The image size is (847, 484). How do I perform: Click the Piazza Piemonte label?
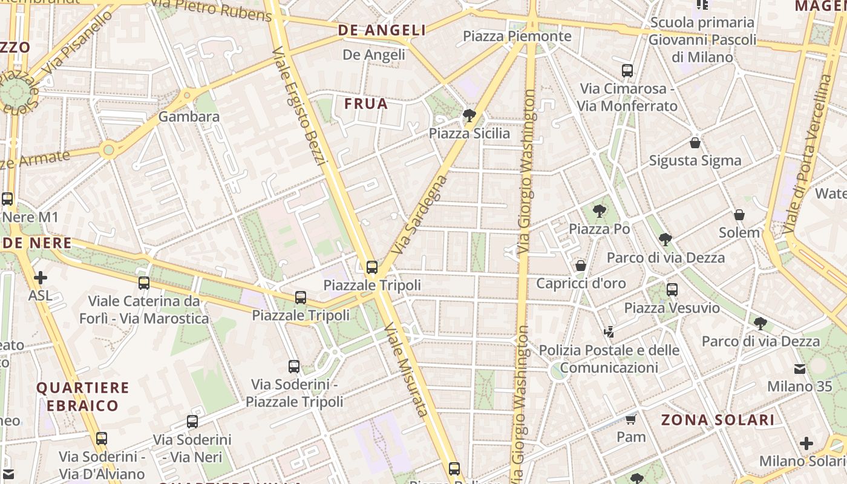[517, 36]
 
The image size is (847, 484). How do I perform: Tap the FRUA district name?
[366, 104]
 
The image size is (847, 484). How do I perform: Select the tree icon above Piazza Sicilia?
[469, 116]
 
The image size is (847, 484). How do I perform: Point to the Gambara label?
[189, 117]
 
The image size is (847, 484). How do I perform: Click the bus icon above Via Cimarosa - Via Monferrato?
[627, 71]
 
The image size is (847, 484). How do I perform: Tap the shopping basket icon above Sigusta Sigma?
[695, 143]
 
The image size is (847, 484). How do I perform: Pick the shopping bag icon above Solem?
[739, 215]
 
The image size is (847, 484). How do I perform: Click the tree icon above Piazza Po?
[600, 211]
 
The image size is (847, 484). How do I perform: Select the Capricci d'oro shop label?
[581, 283]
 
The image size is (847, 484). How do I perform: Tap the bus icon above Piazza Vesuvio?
[672, 290]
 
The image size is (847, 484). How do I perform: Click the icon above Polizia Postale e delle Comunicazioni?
[609, 332]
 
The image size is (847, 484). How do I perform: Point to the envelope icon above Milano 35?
[800, 368]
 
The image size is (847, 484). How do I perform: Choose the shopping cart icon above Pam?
[631, 419]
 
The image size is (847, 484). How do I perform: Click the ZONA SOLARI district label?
[718, 420]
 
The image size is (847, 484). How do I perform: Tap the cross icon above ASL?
[41, 278]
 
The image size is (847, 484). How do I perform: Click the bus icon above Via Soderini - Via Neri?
[192, 422]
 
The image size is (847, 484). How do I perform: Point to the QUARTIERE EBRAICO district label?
[83, 396]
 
